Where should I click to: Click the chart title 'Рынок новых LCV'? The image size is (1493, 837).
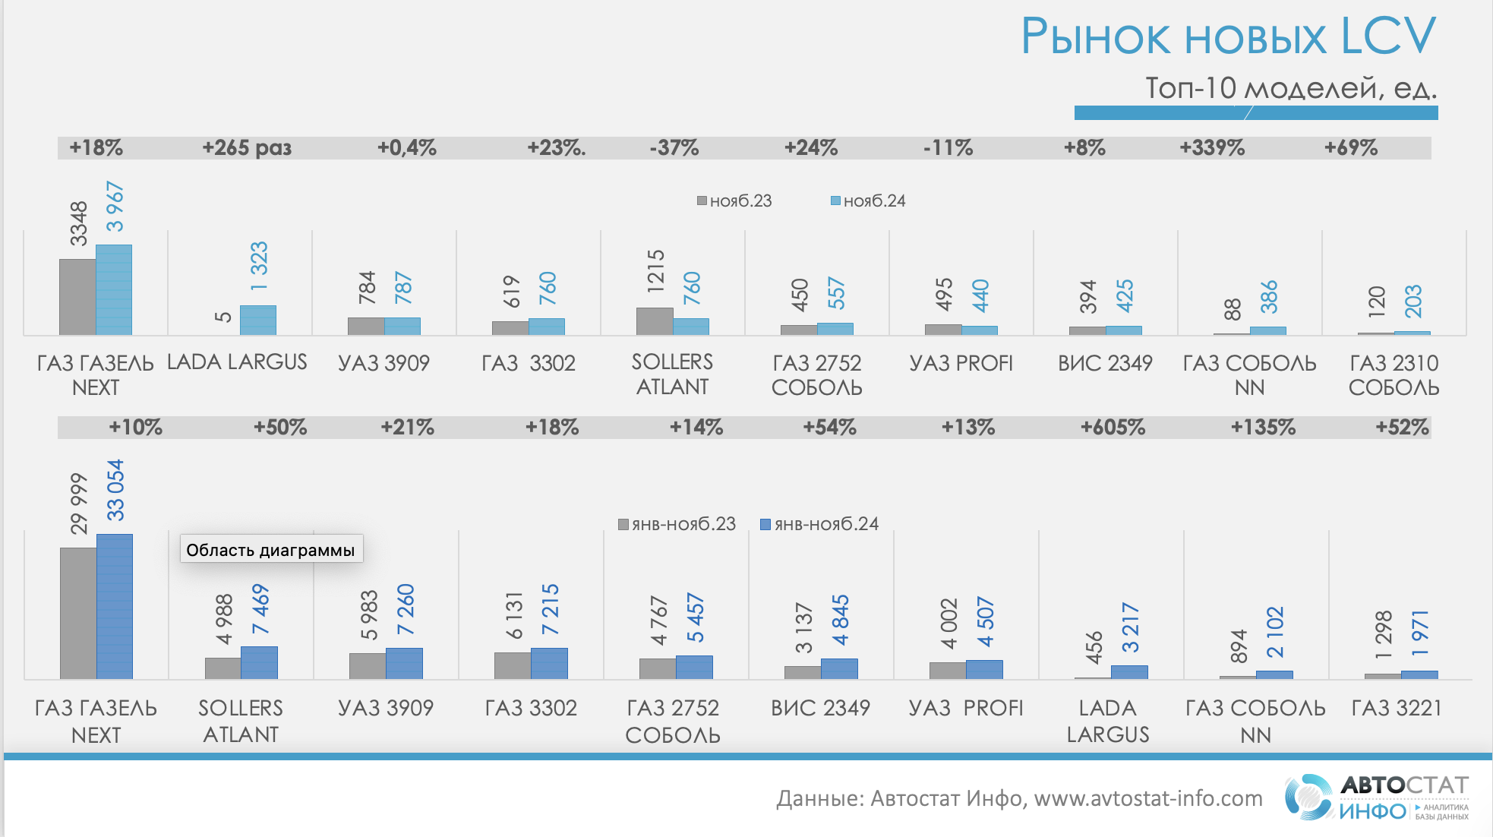(1227, 36)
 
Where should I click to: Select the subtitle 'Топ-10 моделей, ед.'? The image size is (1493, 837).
(1290, 88)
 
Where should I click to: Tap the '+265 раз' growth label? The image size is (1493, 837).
(247, 147)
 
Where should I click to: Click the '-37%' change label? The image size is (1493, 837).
(674, 147)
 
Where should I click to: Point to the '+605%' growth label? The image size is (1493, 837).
(1113, 427)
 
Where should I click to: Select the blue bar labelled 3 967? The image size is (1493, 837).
(114, 289)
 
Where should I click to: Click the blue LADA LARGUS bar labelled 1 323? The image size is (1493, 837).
(258, 320)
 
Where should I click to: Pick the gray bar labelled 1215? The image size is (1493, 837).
(655, 321)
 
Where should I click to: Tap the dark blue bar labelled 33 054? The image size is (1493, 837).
(115, 605)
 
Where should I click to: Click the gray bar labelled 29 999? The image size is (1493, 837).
(78, 612)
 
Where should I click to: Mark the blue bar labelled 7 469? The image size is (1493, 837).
(259, 662)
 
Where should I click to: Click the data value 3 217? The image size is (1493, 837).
(1130, 627)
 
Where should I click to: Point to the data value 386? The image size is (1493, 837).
(1268, 297)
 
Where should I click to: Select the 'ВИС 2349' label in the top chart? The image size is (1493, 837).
(1105, 363)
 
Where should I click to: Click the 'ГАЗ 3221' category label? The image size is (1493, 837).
(1396, 708)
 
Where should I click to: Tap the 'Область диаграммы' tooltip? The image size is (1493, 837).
(270, 550)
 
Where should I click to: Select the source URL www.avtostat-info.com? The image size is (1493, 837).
(1148, 798)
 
